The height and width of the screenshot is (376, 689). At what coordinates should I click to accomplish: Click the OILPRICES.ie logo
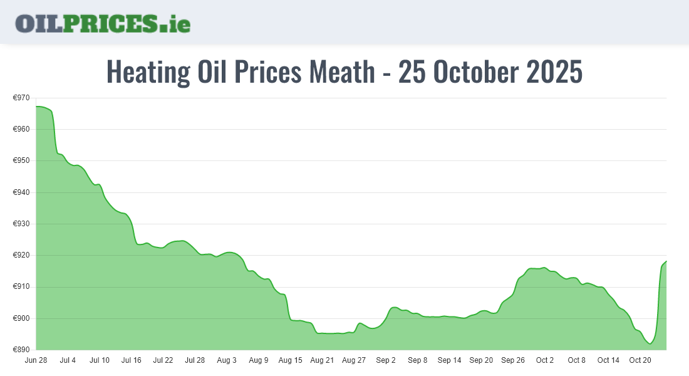103,23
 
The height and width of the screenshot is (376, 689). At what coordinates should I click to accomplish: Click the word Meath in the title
341,72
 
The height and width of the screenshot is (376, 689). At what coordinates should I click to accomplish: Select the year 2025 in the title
554,72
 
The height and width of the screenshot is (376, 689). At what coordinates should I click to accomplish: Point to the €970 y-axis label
21,98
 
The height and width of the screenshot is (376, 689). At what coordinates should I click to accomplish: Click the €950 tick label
21,161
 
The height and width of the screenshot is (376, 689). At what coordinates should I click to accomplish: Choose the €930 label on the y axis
21,224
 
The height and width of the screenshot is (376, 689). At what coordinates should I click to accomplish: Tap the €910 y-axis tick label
21,287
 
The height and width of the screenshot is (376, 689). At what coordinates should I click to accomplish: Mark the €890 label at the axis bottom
21,350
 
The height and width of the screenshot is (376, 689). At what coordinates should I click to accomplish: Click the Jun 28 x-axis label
36,360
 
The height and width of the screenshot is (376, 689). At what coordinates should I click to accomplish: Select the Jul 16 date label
132,360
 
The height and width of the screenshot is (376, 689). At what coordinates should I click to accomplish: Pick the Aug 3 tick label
227,360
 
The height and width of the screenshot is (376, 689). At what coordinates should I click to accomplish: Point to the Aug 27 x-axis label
354,360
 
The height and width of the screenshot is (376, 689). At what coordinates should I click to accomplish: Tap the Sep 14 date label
449,360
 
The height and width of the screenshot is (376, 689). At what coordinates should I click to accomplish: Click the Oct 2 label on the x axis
545,360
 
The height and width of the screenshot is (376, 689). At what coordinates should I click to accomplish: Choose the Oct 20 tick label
640,360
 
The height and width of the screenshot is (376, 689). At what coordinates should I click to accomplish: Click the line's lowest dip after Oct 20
650,343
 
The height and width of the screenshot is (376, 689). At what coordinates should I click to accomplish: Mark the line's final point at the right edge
666,261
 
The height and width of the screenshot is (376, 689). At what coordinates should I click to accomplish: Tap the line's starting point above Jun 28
36,107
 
